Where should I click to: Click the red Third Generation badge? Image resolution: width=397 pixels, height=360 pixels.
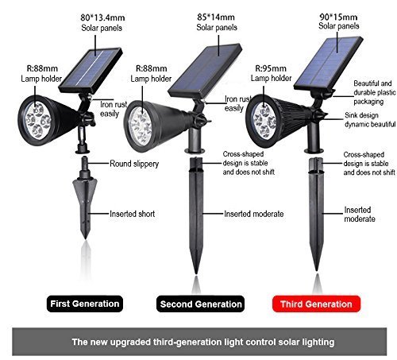coord(316,304)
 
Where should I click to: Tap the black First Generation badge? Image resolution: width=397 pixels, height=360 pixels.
coord(85,304)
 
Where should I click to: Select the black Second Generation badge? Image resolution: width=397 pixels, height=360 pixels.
coord(201,304)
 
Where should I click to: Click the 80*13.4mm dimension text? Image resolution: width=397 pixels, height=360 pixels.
coord(102,17)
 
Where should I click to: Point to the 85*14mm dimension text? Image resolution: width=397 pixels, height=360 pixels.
coord(216,17)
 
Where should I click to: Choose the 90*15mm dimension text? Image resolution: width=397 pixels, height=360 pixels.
coord(338,17)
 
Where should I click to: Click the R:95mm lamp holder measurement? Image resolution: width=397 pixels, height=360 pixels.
coord(271,68)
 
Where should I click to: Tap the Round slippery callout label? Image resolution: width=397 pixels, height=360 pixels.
coord(134,164)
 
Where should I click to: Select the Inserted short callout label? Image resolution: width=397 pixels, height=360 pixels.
coord(133,214)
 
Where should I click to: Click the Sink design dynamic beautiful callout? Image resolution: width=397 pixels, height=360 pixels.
coord(370,120)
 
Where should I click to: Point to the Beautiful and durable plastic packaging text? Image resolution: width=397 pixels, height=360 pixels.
coord(375,92)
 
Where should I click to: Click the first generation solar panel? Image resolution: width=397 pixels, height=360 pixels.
coord(91,70)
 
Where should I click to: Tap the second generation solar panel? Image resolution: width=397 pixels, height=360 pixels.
coord(205,71)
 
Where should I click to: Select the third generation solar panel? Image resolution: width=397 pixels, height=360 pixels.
coord(329,63)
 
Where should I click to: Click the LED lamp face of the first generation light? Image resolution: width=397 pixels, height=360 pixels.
coord(38,121)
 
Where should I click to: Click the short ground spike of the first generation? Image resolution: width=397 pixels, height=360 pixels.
coord(85,197)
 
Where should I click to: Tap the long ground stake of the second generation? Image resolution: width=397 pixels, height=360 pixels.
coord(196,215)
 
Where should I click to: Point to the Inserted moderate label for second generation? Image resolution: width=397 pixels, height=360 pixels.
coord(254,214)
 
